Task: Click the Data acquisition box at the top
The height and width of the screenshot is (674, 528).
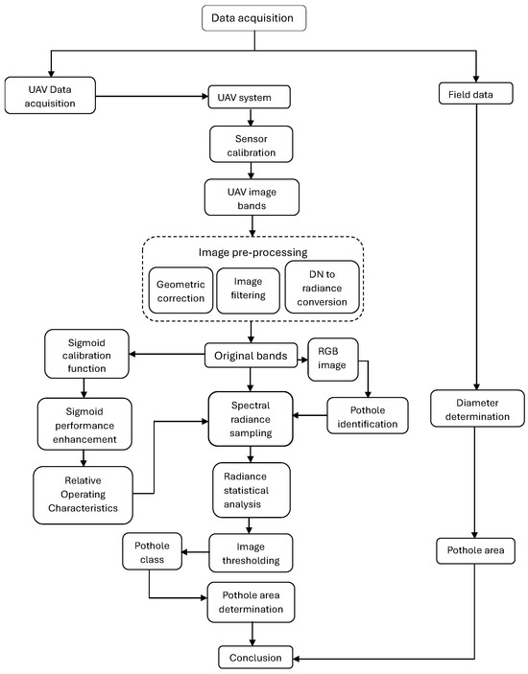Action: [252, 16]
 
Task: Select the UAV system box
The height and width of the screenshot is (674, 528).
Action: [249, 97]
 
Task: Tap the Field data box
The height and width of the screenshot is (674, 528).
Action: [476, 95]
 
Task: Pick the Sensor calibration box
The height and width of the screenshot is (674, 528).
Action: [252, 144]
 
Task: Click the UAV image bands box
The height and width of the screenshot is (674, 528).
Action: [252, 198]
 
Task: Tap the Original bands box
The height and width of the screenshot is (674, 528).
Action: [252, 356]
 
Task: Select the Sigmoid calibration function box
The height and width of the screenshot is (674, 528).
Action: [84, 355]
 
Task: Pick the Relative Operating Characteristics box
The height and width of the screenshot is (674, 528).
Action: [84, 494]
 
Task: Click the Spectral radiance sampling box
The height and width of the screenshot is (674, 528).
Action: [252, 415]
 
